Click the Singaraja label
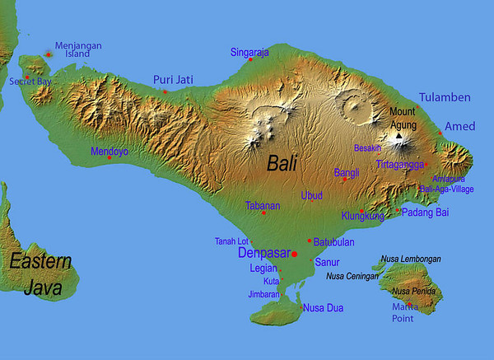pos(249,53)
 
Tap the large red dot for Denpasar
pos(294,255)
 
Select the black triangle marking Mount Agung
pos(399,136)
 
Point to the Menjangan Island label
pos(78,49)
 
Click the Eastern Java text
pos(39,274)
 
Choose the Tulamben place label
pos(445,97)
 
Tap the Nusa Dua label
pos(323,308)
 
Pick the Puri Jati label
pos(173,80)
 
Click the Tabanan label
pos(263,206)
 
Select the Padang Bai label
pos(425,212)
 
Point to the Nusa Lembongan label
pos(411,259)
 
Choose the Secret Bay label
pos(30,82)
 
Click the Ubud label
pos(312,195)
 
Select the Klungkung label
pos(362,216)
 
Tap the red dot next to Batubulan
pos(309,241)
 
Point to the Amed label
pos(459,125)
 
